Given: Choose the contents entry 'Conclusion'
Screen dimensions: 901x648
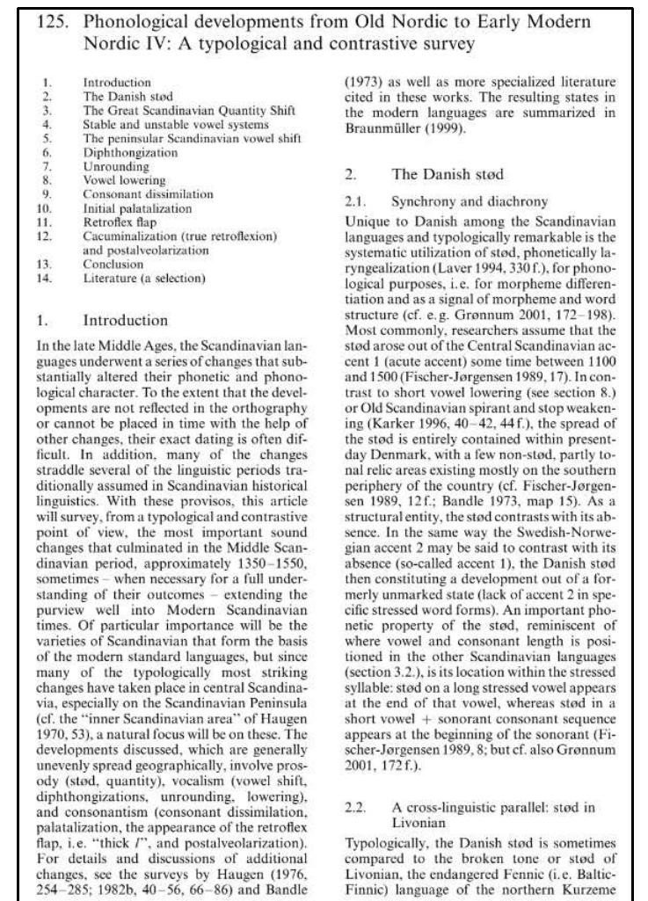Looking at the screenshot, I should pyautogui.click(x=113, y=265).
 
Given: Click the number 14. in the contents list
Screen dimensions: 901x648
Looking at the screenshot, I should pyautogui.click(x=49, y=279).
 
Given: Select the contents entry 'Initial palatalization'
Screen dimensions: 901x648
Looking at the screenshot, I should pyautogui.click(x=137, y=208).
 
